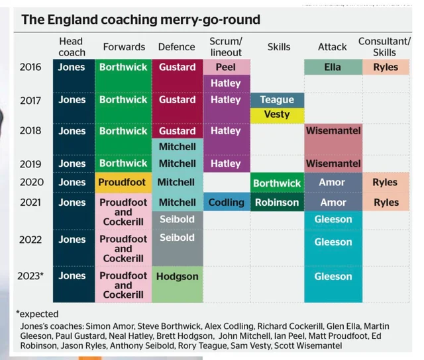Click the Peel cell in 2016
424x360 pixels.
point(227,67)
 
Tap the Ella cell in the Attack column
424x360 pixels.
point(333,67)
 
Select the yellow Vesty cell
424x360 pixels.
point(277,114)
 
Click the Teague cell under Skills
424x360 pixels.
point(277,99)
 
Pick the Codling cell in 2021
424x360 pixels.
point(227,202)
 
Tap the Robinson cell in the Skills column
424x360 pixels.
point(277,202)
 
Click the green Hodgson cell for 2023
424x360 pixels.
point(177,277)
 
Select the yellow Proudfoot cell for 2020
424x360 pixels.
point(123,182)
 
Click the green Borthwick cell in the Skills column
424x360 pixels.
point(277,183)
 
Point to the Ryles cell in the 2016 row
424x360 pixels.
point(385,67)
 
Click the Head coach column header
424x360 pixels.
point(72,47)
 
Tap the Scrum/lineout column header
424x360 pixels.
point(227,47)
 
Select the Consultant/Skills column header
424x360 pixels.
point(385,47)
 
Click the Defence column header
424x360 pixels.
point(177,47)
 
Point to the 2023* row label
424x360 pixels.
point(31,276)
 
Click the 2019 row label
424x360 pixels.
point(30,163)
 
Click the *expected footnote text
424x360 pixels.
point(37,314)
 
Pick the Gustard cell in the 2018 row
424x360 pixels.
point(177,131)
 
